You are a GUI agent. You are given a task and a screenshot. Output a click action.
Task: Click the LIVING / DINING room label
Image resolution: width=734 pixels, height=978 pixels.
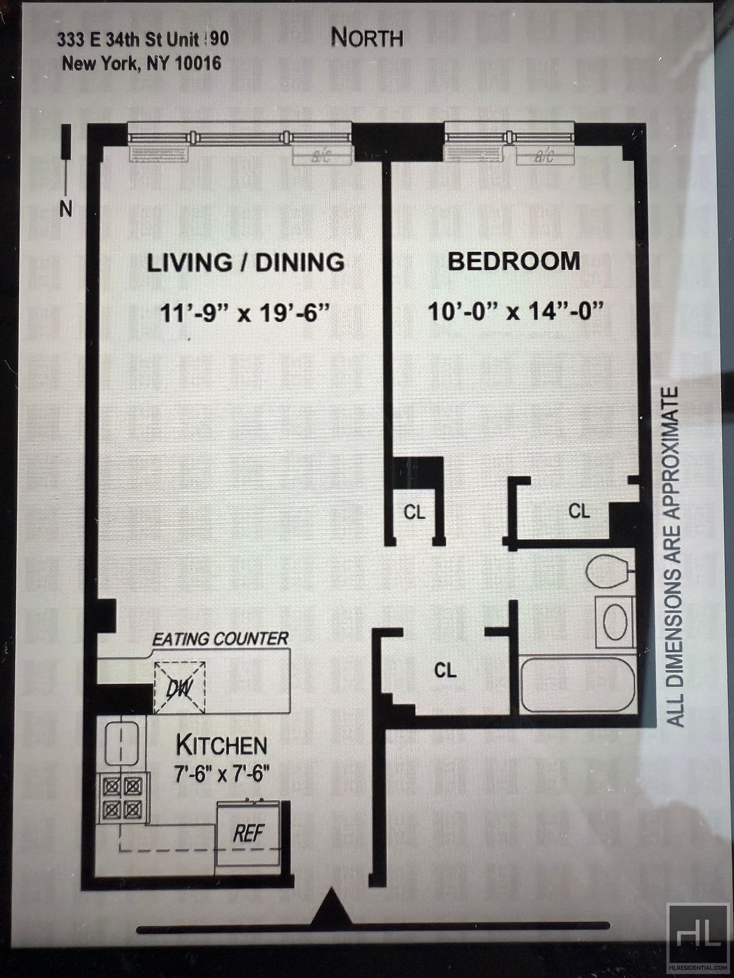tap(245, 262)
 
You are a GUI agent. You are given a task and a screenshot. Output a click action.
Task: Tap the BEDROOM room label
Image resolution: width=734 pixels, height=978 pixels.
tap(514, 261)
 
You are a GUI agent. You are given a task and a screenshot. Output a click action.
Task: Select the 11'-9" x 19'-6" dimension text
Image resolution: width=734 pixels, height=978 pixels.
tap(245, 313)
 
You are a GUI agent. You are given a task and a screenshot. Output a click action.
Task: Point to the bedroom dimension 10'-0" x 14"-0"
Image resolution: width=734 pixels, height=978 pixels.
tap(515, 312)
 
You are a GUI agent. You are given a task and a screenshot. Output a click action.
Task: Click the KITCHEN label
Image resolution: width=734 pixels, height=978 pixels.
tap(221, 745)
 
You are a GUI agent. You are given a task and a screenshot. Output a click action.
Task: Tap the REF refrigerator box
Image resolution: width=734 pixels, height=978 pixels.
tap(248, 833)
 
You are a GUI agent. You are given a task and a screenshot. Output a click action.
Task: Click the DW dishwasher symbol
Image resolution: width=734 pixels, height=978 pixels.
tap(180, 688)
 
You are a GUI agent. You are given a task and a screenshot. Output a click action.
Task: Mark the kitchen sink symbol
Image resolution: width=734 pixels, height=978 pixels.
tap(120, 742)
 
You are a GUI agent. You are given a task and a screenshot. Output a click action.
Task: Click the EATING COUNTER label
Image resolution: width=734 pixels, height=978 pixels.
tap(220, 639)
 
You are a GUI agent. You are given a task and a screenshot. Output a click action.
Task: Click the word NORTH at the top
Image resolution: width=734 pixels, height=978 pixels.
tap(367, 38)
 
